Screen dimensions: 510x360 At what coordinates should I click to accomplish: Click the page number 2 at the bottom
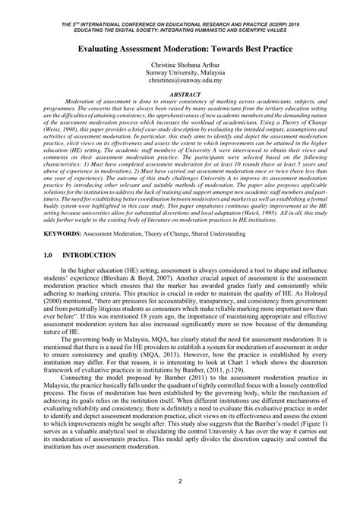[x=180, y=481]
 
